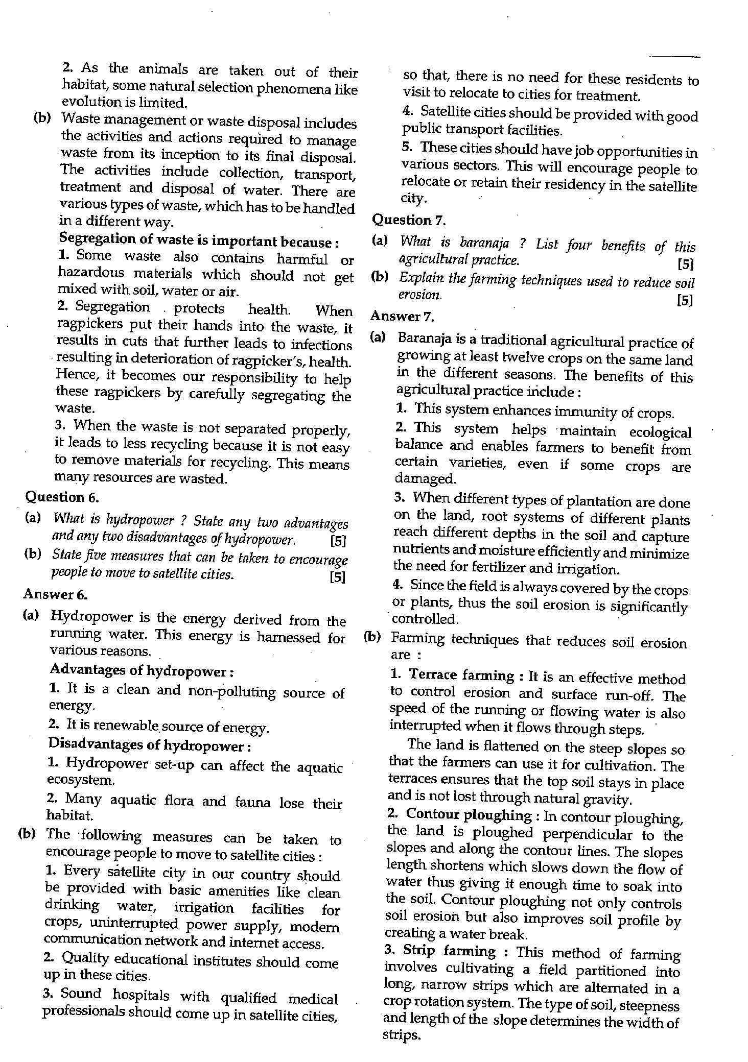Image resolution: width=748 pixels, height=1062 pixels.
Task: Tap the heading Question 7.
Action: coord(409,220)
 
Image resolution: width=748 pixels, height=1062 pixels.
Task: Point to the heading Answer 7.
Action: coord(402,316)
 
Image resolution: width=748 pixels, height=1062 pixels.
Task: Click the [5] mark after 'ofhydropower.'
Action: coord(338,540)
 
